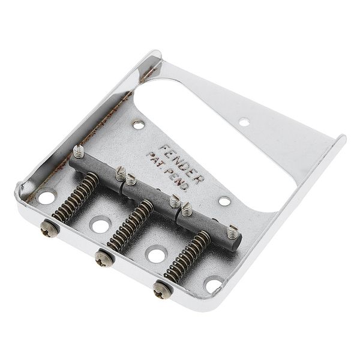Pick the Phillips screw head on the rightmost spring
point(161,290)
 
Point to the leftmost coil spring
point(76,197)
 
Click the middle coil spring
point(130,225)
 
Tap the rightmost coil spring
point(187,256)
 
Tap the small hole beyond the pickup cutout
point(244,122)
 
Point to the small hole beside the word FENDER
point(139,125)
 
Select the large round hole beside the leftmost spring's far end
point(47,197)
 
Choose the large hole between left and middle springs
point(100,226)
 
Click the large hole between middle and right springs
point(156,255)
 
